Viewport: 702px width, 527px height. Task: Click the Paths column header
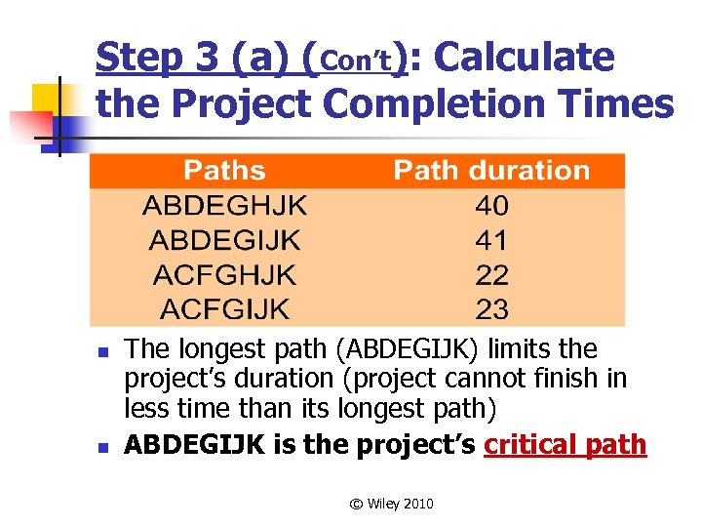pos(224,171)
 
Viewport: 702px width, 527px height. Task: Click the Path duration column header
pos(491,171)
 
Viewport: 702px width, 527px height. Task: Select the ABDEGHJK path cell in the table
pos(224,206)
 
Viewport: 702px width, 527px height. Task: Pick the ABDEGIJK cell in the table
pos(224,240)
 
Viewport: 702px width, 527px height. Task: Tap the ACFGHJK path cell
pos(224,275)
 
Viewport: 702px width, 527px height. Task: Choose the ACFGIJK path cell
pos(224,310)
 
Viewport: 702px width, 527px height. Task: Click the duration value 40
pos(491,206)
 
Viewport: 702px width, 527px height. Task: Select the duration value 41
pos(491,240)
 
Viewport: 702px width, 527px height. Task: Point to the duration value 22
pos(491,275)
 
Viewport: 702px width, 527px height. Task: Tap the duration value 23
pos(491,310)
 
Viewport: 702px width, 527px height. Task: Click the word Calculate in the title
pos(524,59)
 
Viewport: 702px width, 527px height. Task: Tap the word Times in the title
pos(617,103)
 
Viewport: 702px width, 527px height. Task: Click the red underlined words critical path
pos(565,445)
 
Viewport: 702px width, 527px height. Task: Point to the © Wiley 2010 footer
pos(392,504)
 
